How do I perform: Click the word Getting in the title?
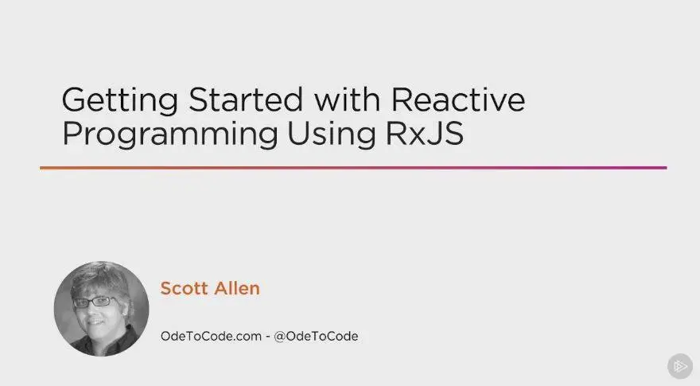pyautogui.click(x=119, y=101)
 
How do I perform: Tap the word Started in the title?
pyautogui.click(x=246, y=99)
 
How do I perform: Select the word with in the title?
pyautogui.click(x=347, y=99)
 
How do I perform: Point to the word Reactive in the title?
pyautogui.click(x=458, y=99)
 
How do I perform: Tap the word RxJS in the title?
pyautogui.click(x=425, y=133)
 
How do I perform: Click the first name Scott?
pyautogui.click(x=184, y=289)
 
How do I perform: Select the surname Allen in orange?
pyautogui.click(x=237, y=289)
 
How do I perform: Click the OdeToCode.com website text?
pyautogui.click(x=211, y=336)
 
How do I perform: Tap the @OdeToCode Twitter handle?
pyautogui.click(x=316, y=336)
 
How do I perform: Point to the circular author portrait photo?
pyautogui.click(x=101, y=309)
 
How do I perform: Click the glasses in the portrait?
pyautogui.click(x=94, y=302)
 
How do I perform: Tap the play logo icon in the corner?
pyautogui.click(x=680, y=366)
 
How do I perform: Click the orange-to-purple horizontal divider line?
pyautogui.click(x=353, y=168)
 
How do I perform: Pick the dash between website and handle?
pyautogui.click(x=268, y=337)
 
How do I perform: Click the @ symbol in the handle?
pyautogui.click(x=280, y=337)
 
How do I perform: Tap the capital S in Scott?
pyautogui.click(x=166, y=289)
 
